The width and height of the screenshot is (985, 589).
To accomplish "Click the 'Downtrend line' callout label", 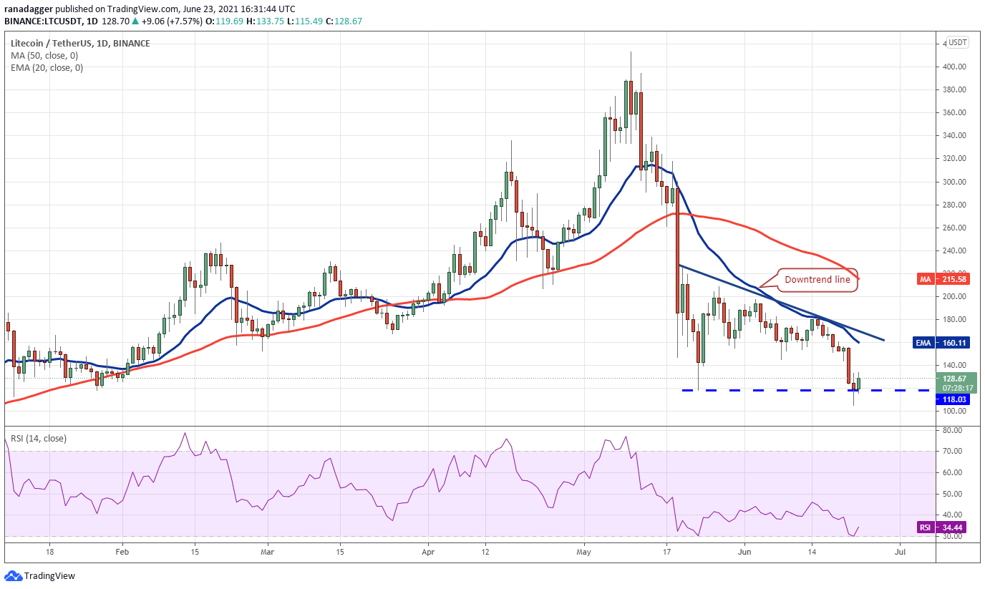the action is pos(817,280).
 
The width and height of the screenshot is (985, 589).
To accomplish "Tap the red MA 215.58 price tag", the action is pos(943,279).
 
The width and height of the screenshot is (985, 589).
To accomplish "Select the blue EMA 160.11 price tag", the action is pos(941,343).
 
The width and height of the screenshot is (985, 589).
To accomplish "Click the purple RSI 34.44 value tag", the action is pos(943,527).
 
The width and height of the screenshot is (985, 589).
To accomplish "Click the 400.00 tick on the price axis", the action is pos(954,67).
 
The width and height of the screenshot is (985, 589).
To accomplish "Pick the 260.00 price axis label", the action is pos(954,228).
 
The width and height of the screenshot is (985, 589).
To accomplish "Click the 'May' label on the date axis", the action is pos(584,552).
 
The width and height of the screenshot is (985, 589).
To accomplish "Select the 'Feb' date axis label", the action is pos(122,552).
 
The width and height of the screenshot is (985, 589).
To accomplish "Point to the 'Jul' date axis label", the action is pos(900,552).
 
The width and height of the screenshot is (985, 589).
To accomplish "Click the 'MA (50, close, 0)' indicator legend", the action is pos(44,56).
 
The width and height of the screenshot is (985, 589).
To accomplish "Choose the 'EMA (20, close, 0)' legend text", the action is pos(47,68).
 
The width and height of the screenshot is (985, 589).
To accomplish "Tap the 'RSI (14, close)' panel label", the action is pos(39,439).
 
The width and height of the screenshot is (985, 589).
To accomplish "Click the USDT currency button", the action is pos(957,43).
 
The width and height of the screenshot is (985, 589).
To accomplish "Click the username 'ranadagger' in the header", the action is pos(28,9).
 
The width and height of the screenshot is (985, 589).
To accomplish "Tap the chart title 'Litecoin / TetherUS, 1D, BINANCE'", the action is pos(80,43).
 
